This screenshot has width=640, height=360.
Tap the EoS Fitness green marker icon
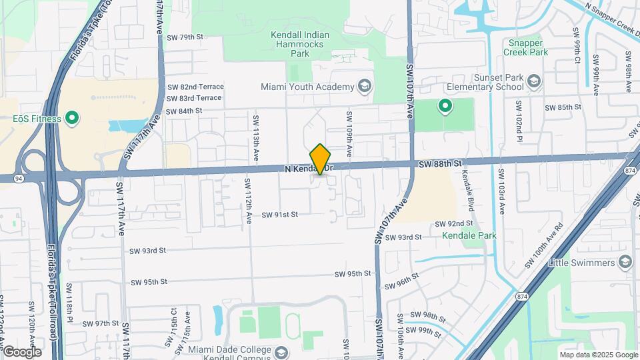point(71,119)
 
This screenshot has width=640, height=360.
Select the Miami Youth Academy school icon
point(364,87)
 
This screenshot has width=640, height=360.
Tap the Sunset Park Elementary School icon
point(533,81)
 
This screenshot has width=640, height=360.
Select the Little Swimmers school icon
point(625,262)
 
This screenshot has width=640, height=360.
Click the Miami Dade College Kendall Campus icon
point(281,351)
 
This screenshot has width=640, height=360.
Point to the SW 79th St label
point(185,37)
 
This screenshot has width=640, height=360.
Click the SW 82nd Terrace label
point(195,87)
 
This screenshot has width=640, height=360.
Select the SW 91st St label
point(279,215)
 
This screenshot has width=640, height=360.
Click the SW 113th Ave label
point(255,139)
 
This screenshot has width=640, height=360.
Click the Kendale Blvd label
point(467,191)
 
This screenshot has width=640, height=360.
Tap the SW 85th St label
point(563,107)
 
